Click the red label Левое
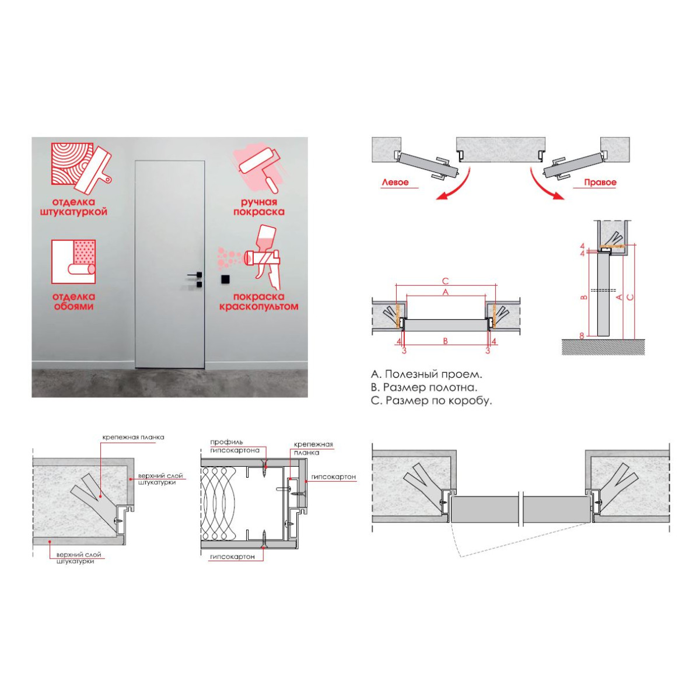(x=395, y=183)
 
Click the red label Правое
(x=600, y=183)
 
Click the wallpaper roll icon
(x=73, y=261)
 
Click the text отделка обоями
(x=73, y=302)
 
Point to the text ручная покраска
(x=259, y=206)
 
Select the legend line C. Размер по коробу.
(x=432, y=401)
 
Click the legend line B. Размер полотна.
(x=424, y=387)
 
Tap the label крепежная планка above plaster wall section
(x=134, y=437)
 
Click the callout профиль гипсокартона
(x=235, y=446)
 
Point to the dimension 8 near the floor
(x=582, y=336)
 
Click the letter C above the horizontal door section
(x=445, y=281)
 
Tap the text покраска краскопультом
(x=258, y=302)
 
